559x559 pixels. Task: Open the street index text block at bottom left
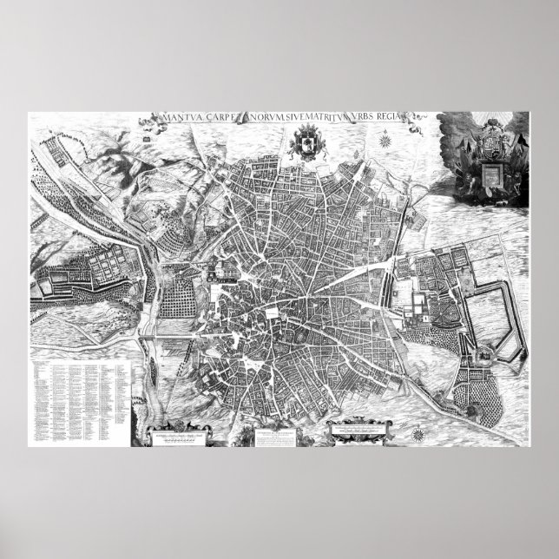pos(78,391)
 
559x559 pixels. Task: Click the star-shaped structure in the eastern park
pos(480,355)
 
